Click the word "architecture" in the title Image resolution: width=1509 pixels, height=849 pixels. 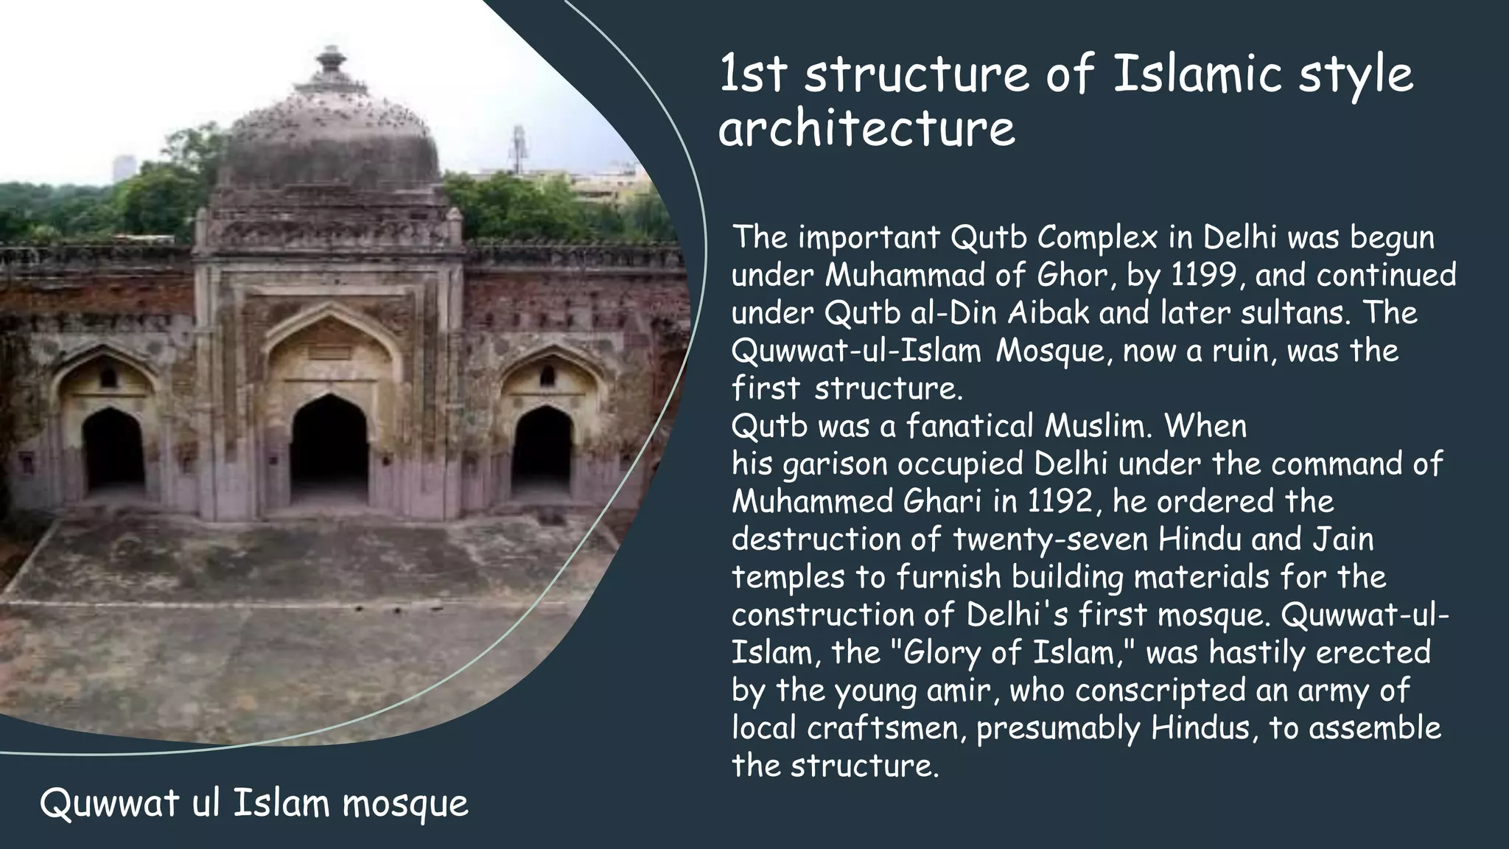coord(866,129)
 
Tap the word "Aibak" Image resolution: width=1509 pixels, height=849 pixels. coord(1048,313)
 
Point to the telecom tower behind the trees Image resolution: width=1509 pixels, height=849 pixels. coord(518,147)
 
